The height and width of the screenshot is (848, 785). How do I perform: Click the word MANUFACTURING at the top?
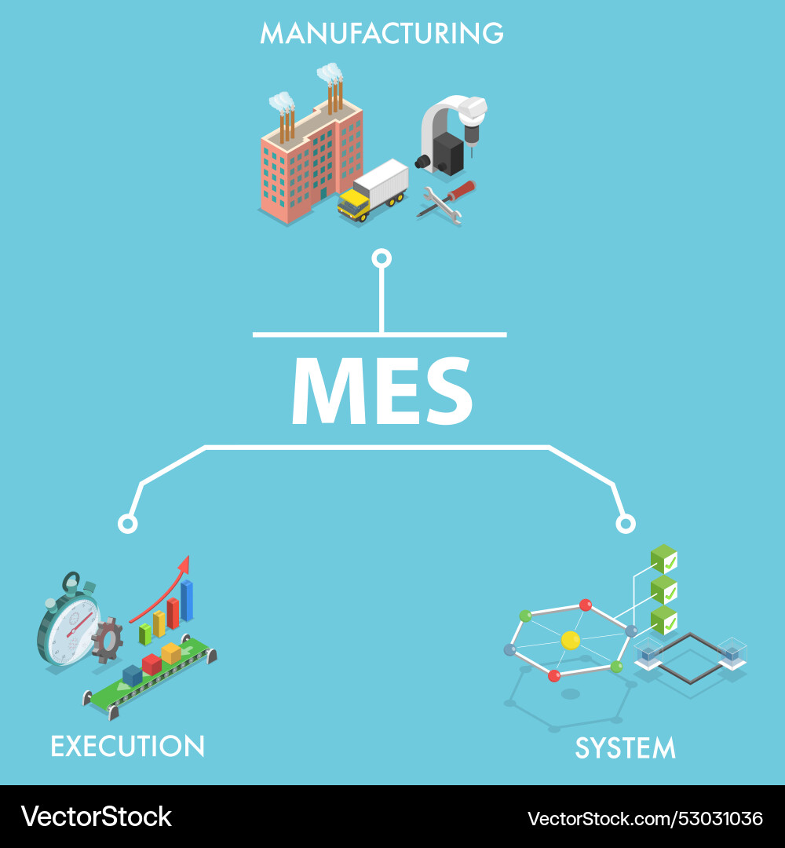coord(382,33)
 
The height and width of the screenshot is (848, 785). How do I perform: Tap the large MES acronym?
coord(382,390)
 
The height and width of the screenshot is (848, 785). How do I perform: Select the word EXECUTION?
coord(128,747)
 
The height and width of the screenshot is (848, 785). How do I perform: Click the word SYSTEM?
coord(626,748)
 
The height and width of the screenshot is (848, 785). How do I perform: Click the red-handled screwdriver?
coord(447,198)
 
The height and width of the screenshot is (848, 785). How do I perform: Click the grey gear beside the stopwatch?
coord(107,641)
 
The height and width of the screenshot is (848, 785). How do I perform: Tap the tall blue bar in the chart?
coord(187,601)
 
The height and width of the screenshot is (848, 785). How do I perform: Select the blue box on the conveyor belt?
coord(132,676)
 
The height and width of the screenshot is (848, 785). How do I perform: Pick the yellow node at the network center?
coord(571,641)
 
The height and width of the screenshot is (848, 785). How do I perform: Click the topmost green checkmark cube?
coord(664,559)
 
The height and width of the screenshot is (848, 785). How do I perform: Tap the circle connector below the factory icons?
coord(382,258)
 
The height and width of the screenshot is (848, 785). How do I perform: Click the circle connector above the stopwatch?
coord(128,524)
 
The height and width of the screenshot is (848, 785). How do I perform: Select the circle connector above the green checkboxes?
coord(626,524)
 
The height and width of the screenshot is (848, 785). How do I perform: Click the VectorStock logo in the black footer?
coord(97,817)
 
